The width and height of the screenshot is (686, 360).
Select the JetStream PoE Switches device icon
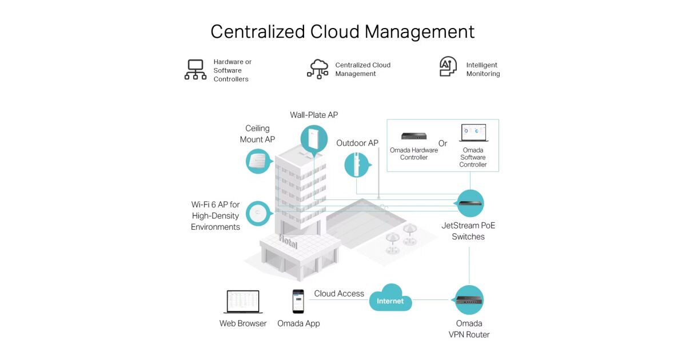tap(470, 203)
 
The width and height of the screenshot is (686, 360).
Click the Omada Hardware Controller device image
tap(414, 136)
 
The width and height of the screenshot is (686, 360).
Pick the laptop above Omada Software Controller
tap(473, 133)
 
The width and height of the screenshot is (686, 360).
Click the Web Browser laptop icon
tap(243, 302)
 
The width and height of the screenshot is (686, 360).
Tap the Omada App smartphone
tap(298, 301)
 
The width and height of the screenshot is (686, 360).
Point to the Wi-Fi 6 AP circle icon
tap(258, 214)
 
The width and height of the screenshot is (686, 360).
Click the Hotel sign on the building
tap(288, 242)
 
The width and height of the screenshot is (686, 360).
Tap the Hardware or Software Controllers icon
tap(196, 69)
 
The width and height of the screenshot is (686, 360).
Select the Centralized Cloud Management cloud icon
tap(318, 69)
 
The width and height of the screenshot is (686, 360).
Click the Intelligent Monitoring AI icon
tap(448, 67)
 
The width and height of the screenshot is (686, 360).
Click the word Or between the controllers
tap(443, 143)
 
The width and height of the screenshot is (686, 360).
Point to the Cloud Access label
tap(339, 294)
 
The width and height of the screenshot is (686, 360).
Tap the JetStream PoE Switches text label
tap(468, 231)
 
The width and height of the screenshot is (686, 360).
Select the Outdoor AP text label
tap(357, 143)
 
